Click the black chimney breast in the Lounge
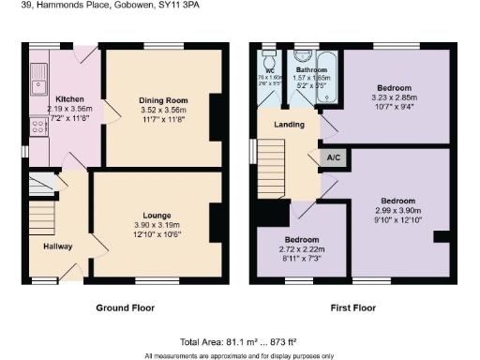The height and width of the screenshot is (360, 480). [217, 222]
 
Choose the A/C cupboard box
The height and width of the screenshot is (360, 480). [332, 157]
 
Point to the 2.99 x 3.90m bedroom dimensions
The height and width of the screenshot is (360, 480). [397, 211]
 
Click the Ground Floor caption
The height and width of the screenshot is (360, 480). [125, 307]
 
